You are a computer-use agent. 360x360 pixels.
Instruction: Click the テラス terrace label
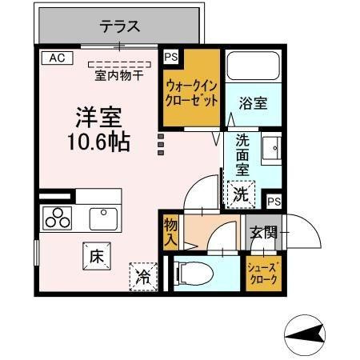coord(120,26)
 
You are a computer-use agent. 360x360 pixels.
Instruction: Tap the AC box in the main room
coord(58,58)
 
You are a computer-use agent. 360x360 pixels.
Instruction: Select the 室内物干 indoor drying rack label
coord(119,76)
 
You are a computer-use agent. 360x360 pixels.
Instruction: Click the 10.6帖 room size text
coord(99,142)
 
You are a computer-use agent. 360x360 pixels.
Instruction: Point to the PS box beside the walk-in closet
coord(171,57)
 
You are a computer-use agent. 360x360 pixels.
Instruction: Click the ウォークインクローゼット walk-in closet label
coord(191,94)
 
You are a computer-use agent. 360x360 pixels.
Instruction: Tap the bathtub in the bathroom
coord(254,66)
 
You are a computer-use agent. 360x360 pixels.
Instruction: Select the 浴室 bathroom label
coord(253,103)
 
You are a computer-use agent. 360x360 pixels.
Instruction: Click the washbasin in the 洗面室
coord(271,148)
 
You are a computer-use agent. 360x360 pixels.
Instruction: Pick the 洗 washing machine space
coord(242,194)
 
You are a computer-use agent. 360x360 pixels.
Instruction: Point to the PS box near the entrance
coord(274,202)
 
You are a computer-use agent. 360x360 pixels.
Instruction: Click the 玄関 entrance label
coord(263,232)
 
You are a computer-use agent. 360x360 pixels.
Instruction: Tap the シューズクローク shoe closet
coord(263,274)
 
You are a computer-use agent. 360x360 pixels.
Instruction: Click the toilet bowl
coord(194,274)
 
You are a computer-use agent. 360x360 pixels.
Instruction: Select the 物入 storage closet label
coord(170,232)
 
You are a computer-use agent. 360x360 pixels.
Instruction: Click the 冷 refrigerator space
coord(143,277)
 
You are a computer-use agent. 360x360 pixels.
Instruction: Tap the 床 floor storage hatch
coord(97,256)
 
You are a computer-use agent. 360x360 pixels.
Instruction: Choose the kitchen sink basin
coord(103,219)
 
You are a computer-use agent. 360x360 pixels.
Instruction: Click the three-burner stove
coord(58,218)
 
